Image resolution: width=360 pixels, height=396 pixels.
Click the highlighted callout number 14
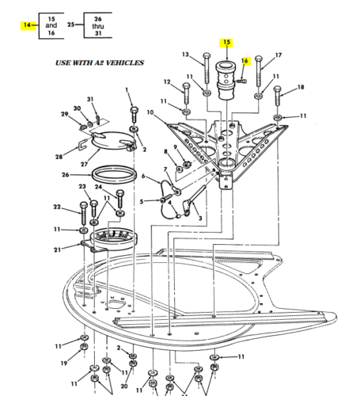(27, 25)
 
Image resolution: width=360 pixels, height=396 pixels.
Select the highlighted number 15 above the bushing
(226, 42)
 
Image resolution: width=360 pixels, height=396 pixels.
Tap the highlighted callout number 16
(244, 61)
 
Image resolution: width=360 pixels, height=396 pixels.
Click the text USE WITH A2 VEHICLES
(100, 63)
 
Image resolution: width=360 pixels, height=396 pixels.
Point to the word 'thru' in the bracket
(98, 26)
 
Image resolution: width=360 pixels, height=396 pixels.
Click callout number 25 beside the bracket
(71, 25)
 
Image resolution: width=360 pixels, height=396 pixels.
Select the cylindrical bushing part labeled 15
(226, 81)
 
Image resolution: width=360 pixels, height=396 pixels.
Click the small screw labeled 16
(242, 81)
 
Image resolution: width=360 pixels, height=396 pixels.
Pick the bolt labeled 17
(259, 71)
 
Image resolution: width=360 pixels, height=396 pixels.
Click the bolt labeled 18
(277, 96)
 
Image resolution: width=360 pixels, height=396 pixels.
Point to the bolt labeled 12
(186, 93)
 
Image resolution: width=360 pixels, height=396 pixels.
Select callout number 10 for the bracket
(150, 112)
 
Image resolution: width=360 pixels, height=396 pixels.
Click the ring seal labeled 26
(115, 175)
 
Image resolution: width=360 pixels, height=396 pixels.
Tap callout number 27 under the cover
(84, 164)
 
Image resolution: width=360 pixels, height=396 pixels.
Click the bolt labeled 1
(135, 114)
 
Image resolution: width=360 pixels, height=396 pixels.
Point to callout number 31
(90, 99)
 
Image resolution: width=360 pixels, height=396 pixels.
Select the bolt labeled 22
(83, 214)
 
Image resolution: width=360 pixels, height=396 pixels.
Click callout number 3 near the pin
(200, 219)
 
